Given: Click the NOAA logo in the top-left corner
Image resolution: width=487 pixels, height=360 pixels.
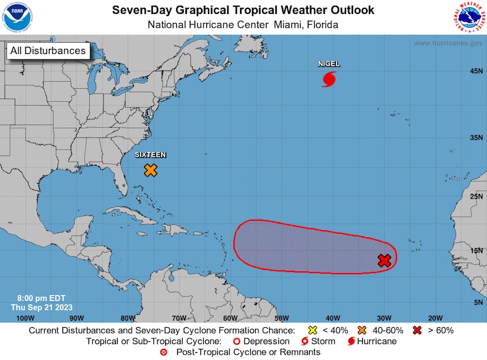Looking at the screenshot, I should [x=17, y=17].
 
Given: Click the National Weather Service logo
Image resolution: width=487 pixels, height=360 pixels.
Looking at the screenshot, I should [x=469, y=17].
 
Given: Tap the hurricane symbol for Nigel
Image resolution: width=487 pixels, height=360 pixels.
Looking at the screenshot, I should [x=329, y=79].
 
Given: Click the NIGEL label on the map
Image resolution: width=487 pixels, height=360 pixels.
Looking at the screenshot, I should [x=329, y=63].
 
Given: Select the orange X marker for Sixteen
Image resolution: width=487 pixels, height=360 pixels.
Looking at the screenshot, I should [x=151, y=170].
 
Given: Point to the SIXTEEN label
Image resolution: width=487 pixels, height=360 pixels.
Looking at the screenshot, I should [x=150, y=155].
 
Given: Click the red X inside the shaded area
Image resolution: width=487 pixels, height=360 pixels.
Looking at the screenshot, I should [x=384, y=260].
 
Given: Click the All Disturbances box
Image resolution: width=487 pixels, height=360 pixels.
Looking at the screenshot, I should [x=48, y=51].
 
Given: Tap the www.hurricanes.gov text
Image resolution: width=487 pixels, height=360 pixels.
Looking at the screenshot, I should [x=448, y=43].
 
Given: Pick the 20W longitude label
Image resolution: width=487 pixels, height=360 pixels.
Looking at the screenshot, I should [x=435, y=318].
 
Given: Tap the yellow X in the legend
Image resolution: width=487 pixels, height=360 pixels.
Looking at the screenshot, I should [x=313, y=330].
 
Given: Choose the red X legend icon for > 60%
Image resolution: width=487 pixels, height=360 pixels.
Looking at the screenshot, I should [x=418, y=330].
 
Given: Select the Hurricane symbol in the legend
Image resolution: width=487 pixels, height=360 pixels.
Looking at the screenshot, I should [x=351, y=341].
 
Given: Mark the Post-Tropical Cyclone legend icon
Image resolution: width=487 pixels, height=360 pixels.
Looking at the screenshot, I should [x=164, y=352].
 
